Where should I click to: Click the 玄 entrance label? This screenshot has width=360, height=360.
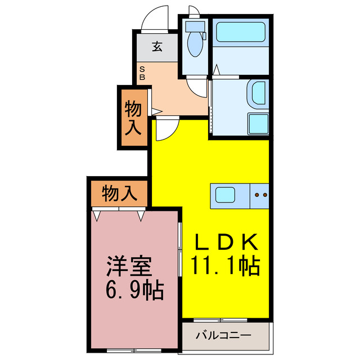[157, 47]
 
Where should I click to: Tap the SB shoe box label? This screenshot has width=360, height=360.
[142, 74]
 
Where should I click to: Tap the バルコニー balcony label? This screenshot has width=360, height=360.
[223, 336]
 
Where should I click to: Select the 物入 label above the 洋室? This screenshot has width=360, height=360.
[119, 194]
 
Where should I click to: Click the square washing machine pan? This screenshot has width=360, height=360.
[258, 123]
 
